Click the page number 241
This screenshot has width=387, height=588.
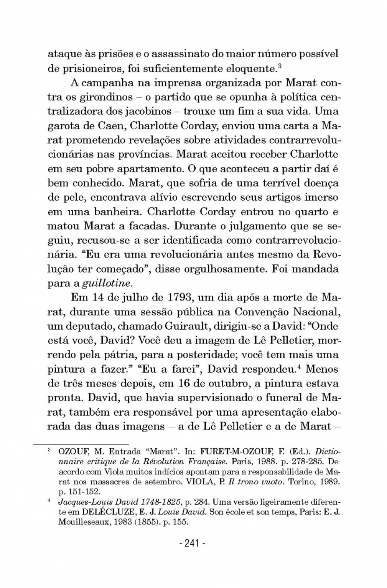[193, 543]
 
